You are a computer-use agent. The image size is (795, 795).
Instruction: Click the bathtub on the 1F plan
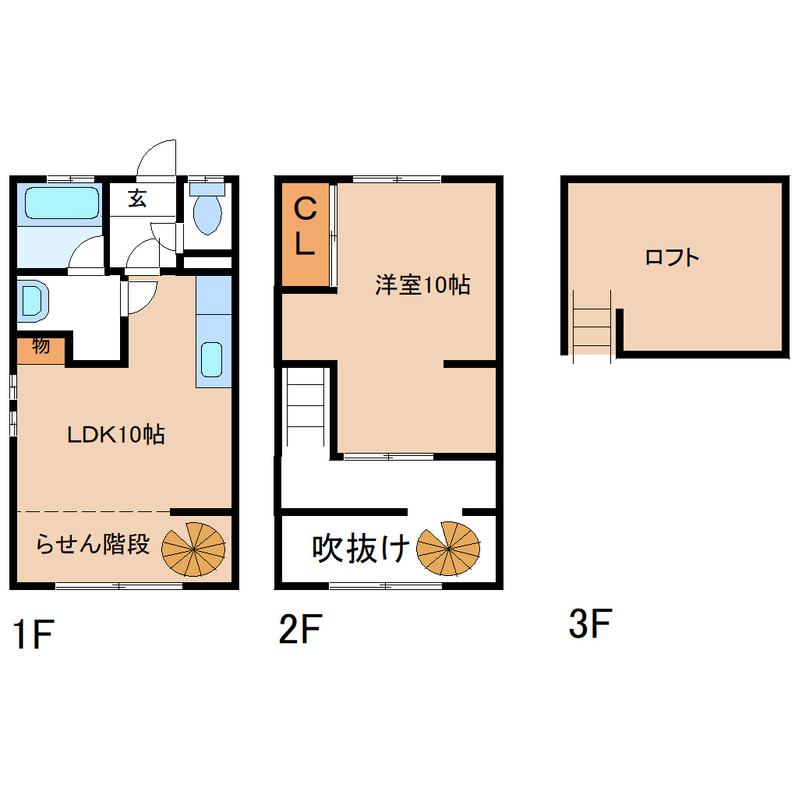[62, 203]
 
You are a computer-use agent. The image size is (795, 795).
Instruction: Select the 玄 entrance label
[137, 198]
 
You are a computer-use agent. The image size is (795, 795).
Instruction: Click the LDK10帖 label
[116, 434]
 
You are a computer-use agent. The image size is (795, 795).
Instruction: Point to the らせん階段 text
[93, 544]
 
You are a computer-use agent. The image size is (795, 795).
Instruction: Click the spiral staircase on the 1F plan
[193, 549]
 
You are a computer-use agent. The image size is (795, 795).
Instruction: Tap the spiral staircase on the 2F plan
[448, 549]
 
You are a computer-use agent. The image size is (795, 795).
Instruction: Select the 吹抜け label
[361, 549]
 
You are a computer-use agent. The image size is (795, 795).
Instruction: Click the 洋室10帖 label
[423, 285]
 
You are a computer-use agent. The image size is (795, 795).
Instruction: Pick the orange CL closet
[306, 235]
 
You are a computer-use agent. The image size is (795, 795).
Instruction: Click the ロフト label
[673, 257]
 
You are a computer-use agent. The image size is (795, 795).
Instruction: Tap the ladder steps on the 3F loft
[592, 327]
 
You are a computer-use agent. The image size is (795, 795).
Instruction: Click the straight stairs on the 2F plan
[306, 407]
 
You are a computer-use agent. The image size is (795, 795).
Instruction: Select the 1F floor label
[33, 634]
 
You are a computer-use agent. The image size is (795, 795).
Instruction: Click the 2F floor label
[300, 629]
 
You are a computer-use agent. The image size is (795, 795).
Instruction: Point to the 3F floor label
[590, 623]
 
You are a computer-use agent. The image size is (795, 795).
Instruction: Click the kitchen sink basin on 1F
[211, 360]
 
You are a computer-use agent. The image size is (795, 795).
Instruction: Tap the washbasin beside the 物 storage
[32, 301]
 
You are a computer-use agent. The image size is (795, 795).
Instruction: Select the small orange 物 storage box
[41, 351]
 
